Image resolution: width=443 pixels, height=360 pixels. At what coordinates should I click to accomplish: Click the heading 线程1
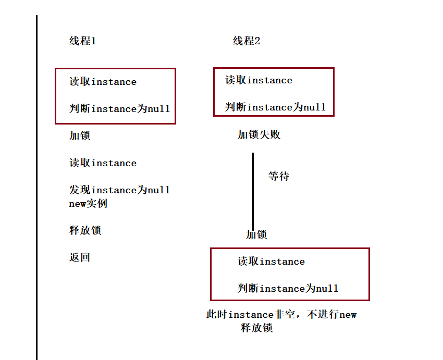(82, 41)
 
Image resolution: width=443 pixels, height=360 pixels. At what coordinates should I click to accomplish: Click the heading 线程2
(246, 41)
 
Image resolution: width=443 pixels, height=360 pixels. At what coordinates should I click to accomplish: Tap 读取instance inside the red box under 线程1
(103, 82)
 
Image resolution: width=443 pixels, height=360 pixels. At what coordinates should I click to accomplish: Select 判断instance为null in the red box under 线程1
(119, 109)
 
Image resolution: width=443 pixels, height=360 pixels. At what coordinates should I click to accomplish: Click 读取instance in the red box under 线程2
(259, 80)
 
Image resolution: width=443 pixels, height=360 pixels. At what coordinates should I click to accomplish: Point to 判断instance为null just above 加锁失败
(275, 107)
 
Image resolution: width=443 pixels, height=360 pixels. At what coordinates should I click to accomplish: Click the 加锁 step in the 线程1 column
(80, 136)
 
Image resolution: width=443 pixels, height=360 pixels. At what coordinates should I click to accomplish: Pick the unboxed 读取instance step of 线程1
(103, 163)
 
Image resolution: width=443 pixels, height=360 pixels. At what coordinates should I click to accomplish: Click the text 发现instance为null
(119, 190)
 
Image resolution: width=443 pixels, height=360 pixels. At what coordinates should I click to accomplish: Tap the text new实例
(88, 204)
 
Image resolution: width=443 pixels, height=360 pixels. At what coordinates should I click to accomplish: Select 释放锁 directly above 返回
(85, 231)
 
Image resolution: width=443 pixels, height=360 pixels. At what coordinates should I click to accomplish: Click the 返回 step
(80, 258)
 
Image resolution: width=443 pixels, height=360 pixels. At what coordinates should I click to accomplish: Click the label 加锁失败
(259, 135)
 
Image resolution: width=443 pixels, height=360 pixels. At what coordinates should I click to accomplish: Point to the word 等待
(278, 177)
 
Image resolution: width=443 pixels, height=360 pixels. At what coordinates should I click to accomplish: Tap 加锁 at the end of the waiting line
(256, 235)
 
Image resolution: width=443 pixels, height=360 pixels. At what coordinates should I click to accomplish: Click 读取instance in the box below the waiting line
(271, 262)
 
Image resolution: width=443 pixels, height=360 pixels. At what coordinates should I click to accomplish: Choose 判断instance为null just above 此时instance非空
(288, 289)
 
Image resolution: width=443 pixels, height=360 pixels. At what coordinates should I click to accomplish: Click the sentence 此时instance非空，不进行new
(281, 315)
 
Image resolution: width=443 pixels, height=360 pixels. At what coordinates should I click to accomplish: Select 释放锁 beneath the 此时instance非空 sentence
(256, 328)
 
